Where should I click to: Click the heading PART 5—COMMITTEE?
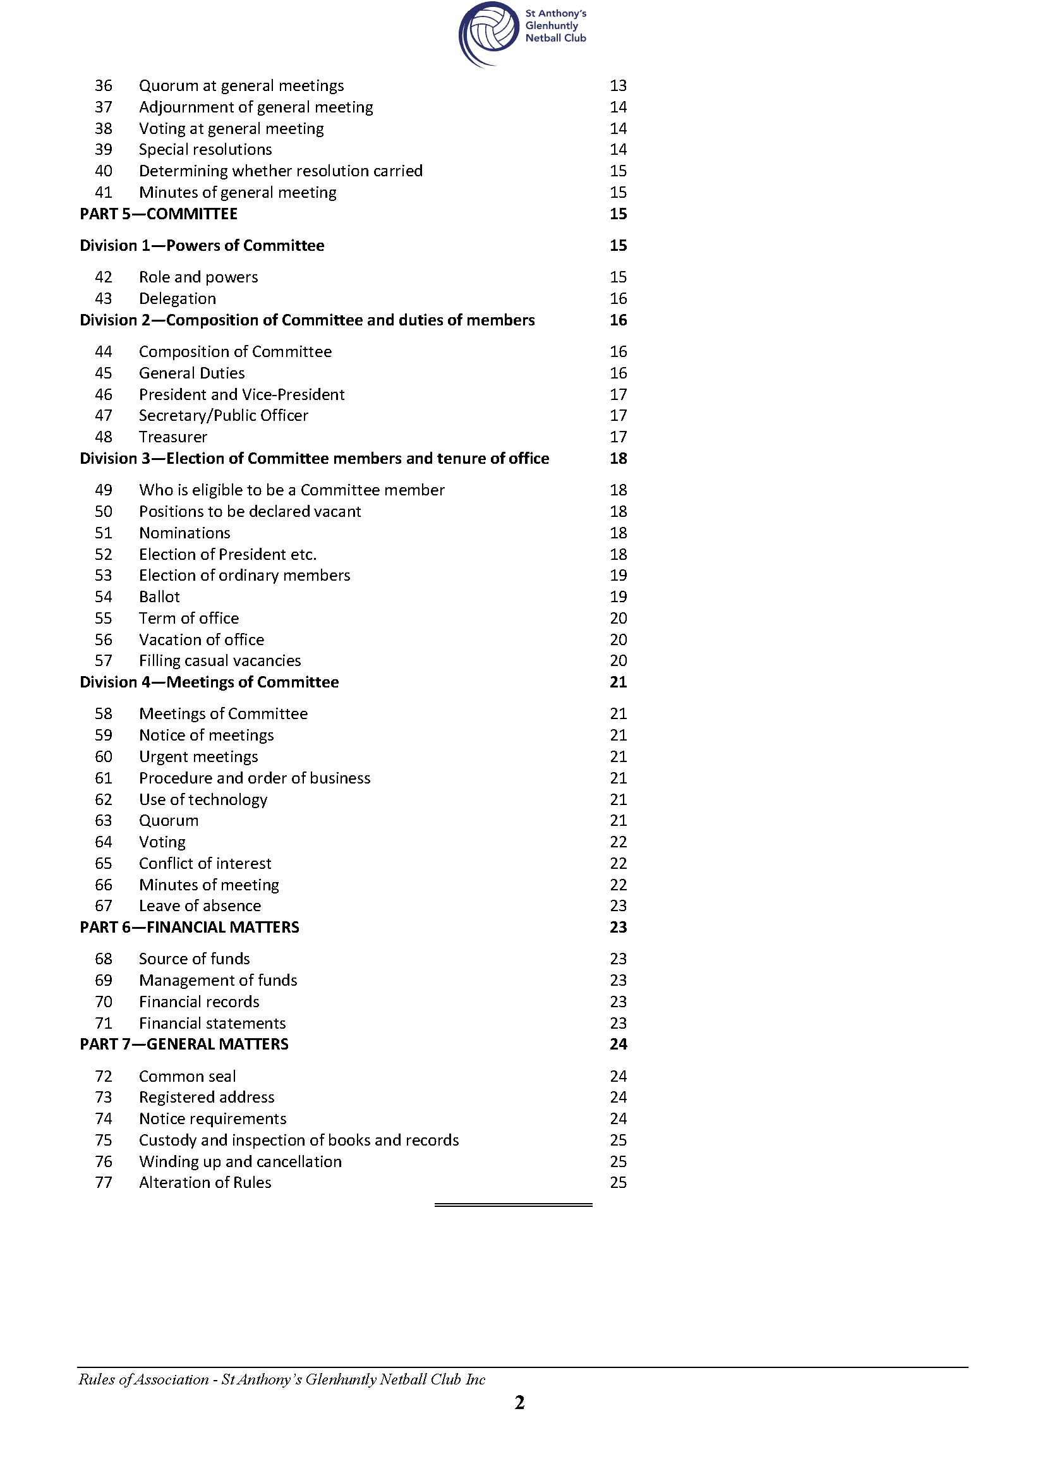159,214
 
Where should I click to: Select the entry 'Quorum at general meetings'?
241,85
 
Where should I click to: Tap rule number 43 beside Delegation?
103,299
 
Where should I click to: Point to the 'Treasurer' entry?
173,437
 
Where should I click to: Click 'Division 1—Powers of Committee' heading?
202,245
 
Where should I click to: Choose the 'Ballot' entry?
160,596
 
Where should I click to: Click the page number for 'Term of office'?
618,619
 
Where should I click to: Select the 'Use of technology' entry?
203,799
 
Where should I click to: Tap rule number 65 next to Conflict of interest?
103,863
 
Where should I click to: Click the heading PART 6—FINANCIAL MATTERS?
189,927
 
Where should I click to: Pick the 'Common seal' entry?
187,1076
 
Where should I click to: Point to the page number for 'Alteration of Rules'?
618,1182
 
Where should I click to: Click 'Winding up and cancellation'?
240,1161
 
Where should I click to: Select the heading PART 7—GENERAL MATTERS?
184,1044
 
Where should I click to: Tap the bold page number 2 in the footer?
520,1402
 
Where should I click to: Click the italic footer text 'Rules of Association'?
143,1379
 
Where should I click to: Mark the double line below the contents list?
513,1204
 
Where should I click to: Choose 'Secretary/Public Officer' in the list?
223,416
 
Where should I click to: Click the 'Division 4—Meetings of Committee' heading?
209,682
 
